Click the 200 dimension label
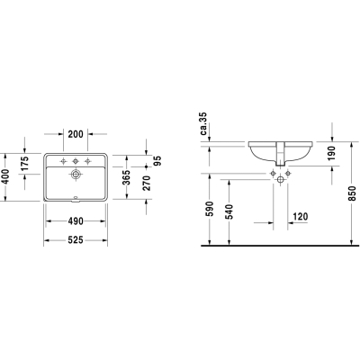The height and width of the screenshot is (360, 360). point(76,134)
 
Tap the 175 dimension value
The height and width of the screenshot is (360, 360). point(24,163)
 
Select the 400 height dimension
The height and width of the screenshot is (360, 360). point(4,177)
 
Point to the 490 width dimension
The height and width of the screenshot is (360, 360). point(76,221)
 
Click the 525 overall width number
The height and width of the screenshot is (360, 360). point(76,240)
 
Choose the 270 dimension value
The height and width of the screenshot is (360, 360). point(147,183)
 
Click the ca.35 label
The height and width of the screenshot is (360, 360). point(204,123)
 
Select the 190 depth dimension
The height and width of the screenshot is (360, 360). point(331,153)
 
